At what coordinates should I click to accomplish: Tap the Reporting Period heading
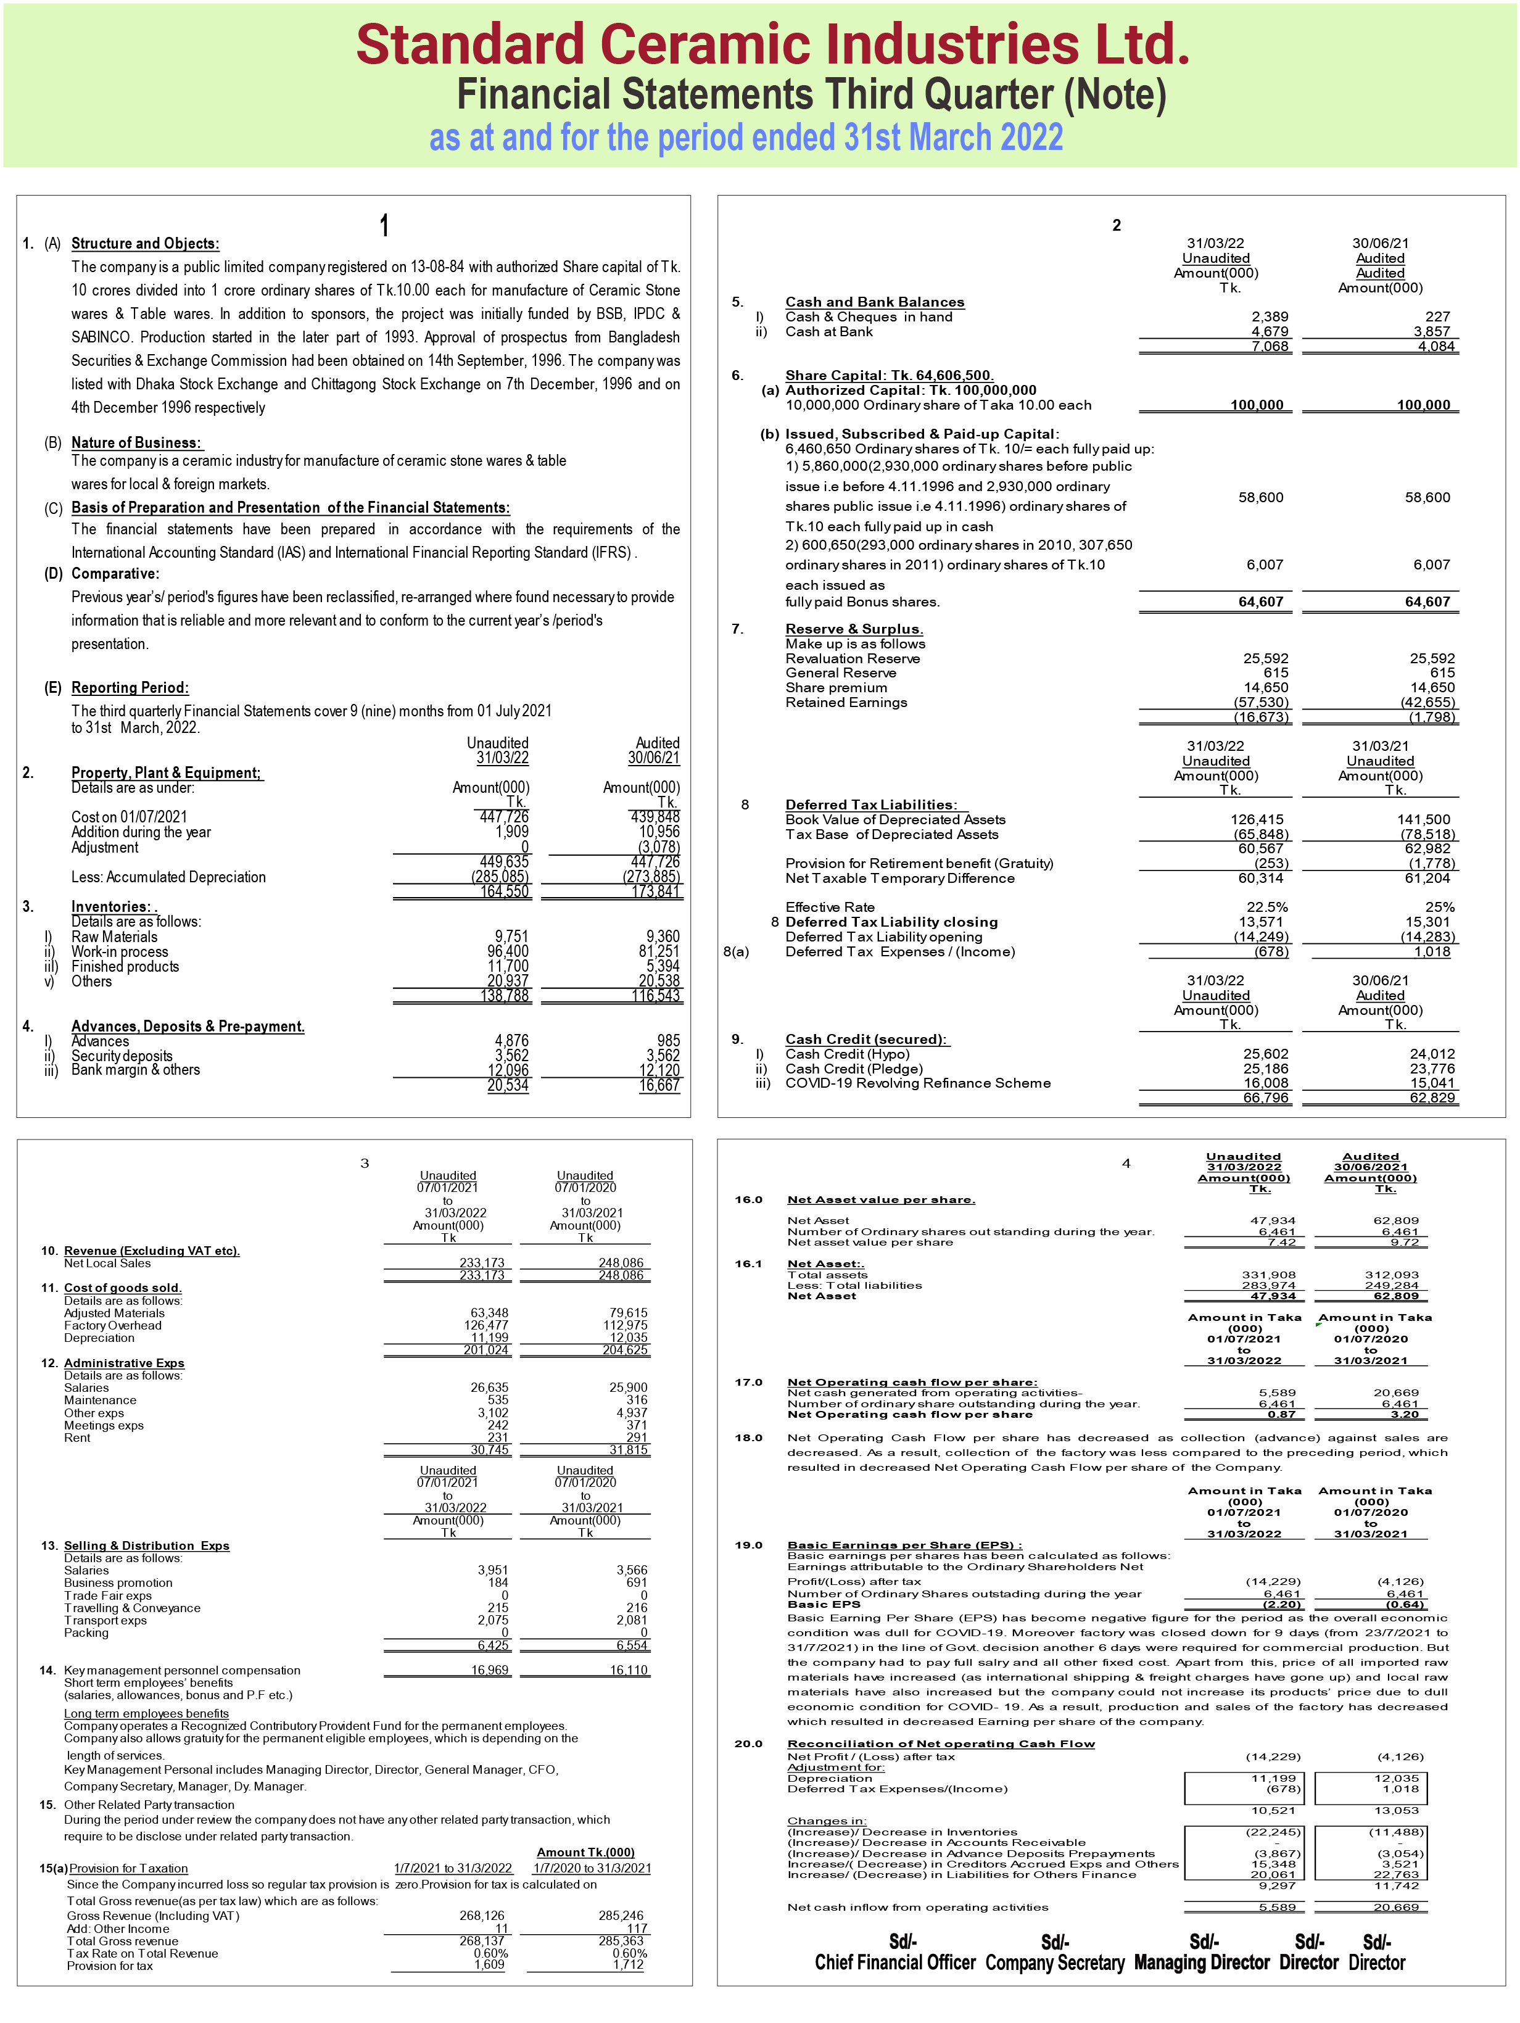point(130,688)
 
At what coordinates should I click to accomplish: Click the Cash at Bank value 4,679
point(1270,332)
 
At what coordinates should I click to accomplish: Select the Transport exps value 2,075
point(492,1621)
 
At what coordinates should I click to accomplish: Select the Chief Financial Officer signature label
point(894,1963)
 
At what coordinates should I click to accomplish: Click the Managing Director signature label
point(1201,1963)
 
